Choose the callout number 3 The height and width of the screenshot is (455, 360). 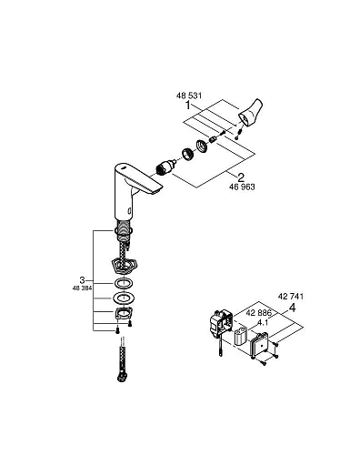tap(83, 278)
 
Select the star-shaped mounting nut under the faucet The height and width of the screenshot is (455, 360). tap(120, 268)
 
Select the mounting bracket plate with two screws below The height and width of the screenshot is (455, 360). tap(121, 318)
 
